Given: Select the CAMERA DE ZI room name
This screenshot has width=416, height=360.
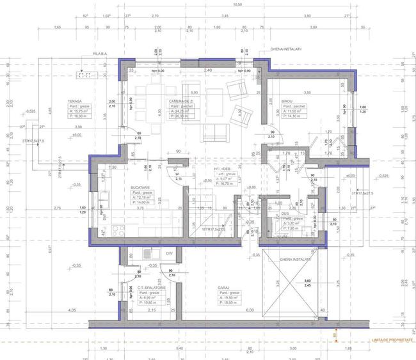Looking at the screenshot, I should [x=182, y=102].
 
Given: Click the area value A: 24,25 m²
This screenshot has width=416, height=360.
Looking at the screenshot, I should [x=182, y=111].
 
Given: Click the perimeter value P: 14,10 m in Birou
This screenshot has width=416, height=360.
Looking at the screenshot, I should [x=293, y=116].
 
